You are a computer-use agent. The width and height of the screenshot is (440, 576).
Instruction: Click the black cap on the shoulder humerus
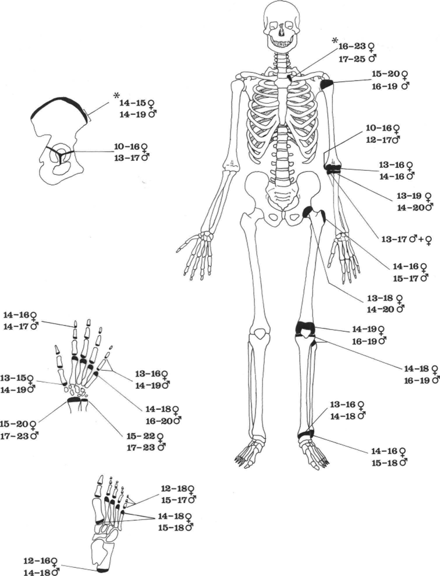[327, 84]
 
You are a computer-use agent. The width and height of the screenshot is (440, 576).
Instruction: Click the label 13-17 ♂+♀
[406, 240]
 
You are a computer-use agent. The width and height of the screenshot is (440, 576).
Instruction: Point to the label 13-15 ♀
[17, 378]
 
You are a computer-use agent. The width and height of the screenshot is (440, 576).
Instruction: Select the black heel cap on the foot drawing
[102, 570]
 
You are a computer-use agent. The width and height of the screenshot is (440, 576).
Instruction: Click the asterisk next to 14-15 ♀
[116, 96]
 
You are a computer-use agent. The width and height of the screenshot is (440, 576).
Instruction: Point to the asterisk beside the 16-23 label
[335, 40]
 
